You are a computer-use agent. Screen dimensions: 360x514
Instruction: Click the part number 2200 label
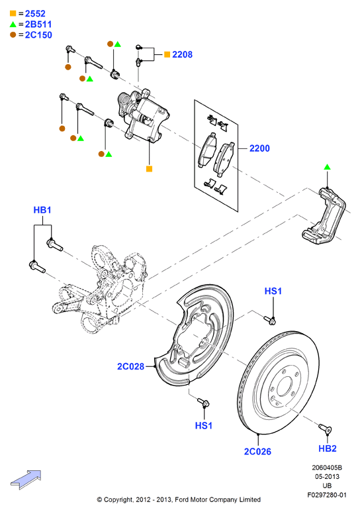click(x=259, y=148)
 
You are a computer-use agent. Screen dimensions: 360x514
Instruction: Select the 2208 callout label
click(x=182, y=54)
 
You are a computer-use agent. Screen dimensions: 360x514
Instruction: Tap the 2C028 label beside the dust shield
click(x=131, y=366)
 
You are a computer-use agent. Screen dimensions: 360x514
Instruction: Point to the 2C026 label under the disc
click(x=257, y=451)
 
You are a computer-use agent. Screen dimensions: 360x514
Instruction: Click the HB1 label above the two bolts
click(x=42, y=210)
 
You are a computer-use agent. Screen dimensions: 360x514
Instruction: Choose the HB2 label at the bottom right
click(x=328, y=448)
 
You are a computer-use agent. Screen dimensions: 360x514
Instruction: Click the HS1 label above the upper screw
click(x=273, y=291)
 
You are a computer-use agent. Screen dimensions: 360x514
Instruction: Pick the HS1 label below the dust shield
click(x=203, y=425)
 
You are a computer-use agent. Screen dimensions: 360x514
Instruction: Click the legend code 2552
click(x=35, y=13)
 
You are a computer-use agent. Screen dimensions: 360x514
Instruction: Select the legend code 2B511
click(x=38, y=25)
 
